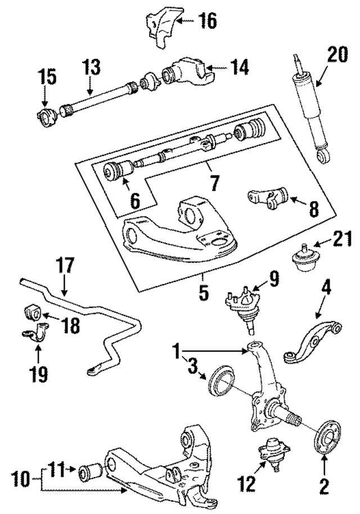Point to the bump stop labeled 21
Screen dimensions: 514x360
[304, 260]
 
